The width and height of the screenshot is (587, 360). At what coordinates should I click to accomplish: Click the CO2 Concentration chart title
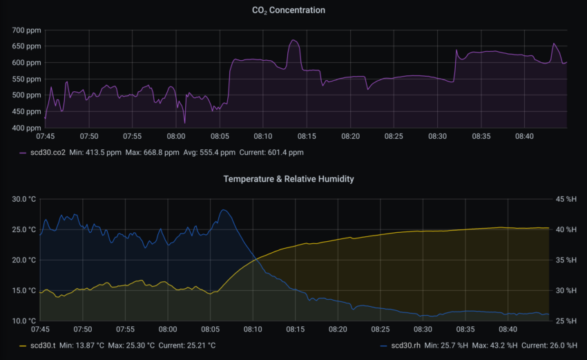point(288,10)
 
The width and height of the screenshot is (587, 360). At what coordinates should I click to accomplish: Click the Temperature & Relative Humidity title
point(288,179)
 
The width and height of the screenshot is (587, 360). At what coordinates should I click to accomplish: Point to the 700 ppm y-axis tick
point(27,30)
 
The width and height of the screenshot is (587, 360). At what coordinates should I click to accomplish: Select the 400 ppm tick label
point(27,128)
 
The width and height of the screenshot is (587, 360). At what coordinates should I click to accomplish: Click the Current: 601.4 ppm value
point(270,152)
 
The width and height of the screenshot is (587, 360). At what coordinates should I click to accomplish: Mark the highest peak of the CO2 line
point(293,40)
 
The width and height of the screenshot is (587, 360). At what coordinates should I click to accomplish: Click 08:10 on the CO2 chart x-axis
point(263,137)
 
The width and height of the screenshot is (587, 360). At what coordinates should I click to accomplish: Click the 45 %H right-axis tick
point(566,199)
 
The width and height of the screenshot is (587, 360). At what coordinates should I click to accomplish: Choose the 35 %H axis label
point(566,260)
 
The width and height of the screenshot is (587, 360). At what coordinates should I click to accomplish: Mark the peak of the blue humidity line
point(223,210)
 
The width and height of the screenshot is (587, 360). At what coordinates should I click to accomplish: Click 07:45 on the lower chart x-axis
point(40,330)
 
